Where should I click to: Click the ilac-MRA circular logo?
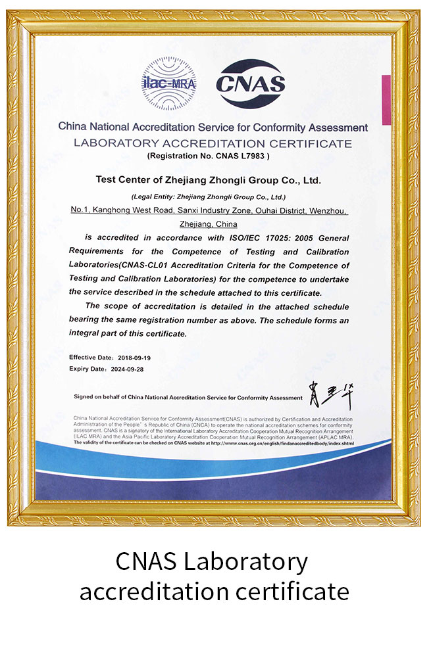coord(169,83)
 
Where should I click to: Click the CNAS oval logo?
coord(251,83)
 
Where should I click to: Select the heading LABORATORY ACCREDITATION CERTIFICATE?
coord(213,143)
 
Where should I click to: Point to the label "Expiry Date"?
coord(88,369)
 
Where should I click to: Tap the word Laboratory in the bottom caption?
coord(246,562)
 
